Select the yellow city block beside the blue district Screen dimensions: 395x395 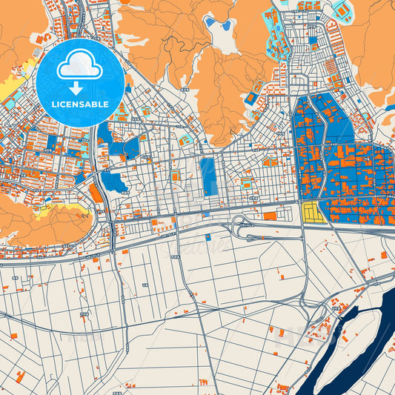tap(314, 213)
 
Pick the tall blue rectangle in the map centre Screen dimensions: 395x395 tap(208, 176)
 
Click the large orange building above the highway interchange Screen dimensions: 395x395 tap(270, 216)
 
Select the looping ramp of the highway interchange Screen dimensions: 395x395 tap(241, 222)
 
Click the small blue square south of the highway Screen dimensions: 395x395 tap(208, 237)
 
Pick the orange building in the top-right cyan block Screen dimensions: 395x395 tap(342, 10)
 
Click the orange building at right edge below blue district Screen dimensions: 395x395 tap(383, 254)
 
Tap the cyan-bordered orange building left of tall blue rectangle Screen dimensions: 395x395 tap(176, 176)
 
